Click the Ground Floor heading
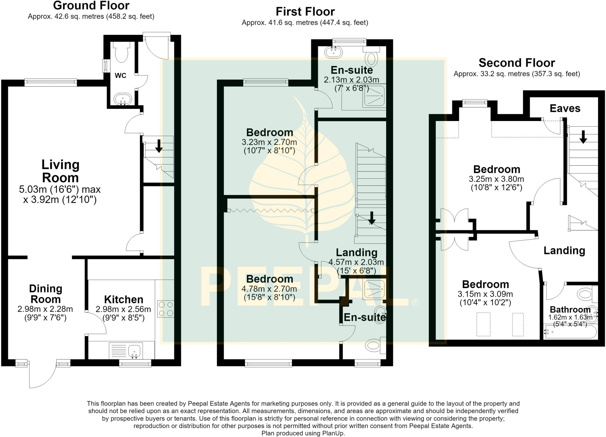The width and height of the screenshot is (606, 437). (x=91, y=5)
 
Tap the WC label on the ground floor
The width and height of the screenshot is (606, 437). (x=120, y=76)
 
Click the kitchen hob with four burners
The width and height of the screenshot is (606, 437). (x=166, y=309)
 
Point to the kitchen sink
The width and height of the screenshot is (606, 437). (x=135, y=351)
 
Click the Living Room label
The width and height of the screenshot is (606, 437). (x=60, y=171)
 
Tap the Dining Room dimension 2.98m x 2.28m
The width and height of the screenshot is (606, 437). (x=45, y=309)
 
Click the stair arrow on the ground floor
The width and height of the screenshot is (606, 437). (x=159, y=146)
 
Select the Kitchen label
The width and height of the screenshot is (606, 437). (x=124, y=299)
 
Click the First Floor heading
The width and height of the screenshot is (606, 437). (x=305, y=12)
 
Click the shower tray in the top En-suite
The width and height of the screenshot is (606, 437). (x=374, y=95)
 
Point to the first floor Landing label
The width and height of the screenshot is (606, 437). (x=357, y=252)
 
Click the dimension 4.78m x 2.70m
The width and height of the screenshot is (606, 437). (x=269, y=288)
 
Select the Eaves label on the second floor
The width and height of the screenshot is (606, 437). (x=565, y=108)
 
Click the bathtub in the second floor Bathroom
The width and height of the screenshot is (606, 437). (x=566, y=332)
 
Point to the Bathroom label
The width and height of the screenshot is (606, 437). (x=570, y=310)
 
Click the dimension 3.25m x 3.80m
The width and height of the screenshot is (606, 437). (x=497, y=179)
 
